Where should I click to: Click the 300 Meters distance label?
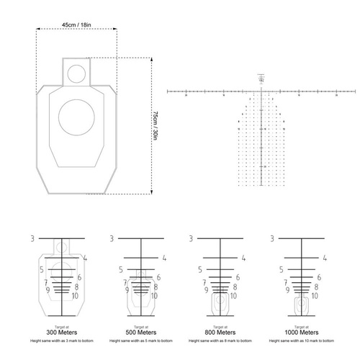[x=61, y=333]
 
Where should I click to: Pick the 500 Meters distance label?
[x=141, y=333]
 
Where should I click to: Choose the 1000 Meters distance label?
[x=300, y=333]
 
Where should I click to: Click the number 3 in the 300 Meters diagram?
[x=33, y=238]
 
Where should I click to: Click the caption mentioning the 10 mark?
[x=300, y=340]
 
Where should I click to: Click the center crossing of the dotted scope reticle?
[x=262, y=91]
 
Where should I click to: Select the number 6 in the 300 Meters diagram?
[x=78, y=277]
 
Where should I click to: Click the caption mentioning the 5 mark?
[x=141, y=340]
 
